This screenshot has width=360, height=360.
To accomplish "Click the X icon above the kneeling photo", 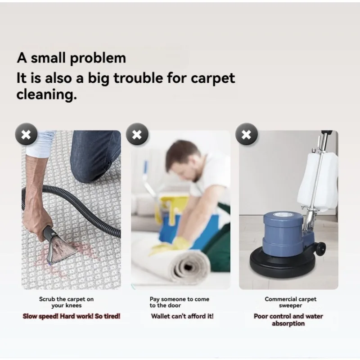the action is [x=26, y=134].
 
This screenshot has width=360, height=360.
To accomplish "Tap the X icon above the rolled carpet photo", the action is [x=137, y=134].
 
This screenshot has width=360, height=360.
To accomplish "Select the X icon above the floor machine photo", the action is [x=247, y=134].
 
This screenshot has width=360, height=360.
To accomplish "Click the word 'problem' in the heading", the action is [x=98, y=58].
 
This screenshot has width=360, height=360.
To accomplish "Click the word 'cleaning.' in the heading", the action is [x=47, y=95].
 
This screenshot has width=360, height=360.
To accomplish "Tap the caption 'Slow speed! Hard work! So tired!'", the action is [x=72, y=316].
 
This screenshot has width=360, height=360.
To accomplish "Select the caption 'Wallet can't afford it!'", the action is [x=182, y=316].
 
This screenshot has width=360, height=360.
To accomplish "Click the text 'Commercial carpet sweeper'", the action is [x=290, y=302].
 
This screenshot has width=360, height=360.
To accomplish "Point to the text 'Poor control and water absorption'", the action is [x=288, y=320].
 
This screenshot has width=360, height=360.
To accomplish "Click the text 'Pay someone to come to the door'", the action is [x=180, y=302].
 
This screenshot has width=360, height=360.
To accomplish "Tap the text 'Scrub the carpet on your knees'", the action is [x=66, y=302].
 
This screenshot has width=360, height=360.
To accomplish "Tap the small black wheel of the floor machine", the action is [x=320, y=248].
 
